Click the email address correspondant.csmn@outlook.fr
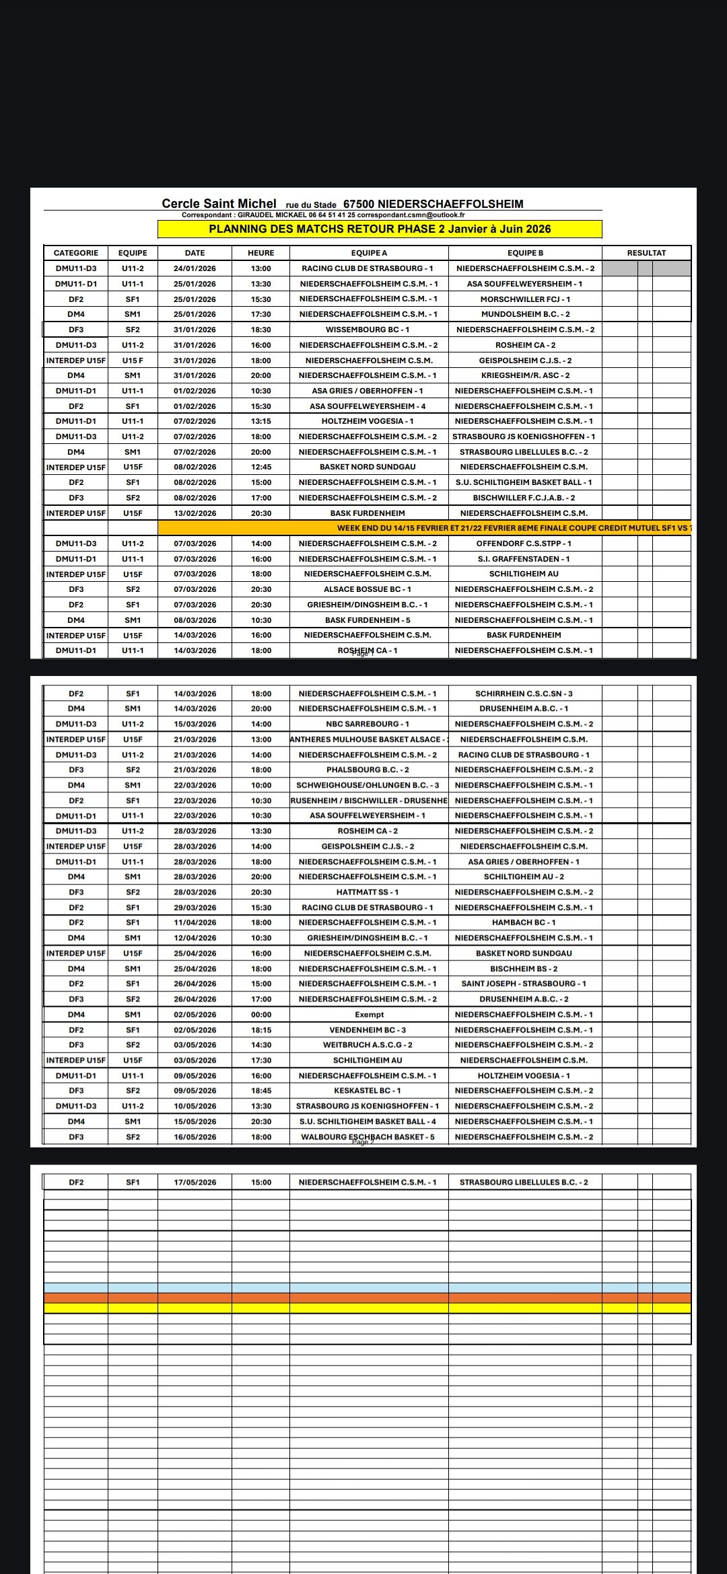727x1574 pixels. coord(411,215)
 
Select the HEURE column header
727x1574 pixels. coord(261,253)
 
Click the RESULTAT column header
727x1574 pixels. coord(646,253)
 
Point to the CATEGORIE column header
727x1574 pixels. coord(76,253)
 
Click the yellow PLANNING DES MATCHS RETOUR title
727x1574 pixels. coord(380,229)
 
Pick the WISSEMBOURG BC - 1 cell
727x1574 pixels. coord(368,330)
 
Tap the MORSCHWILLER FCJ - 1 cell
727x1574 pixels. coord(525,299)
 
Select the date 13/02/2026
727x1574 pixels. coord(195,513)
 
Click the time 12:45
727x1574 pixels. coord(261,467)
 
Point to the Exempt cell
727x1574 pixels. coord(369,1014)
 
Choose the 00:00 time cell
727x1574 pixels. coord(261,1014)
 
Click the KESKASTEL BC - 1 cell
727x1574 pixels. coord(368,1090)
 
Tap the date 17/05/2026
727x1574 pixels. coord(195,1182)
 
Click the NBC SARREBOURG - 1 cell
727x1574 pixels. coord(368,724)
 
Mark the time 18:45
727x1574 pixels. coord(261,1090)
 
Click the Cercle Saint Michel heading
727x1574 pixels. coord(219,204)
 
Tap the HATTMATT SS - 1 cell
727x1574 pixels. coord(368,892)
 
